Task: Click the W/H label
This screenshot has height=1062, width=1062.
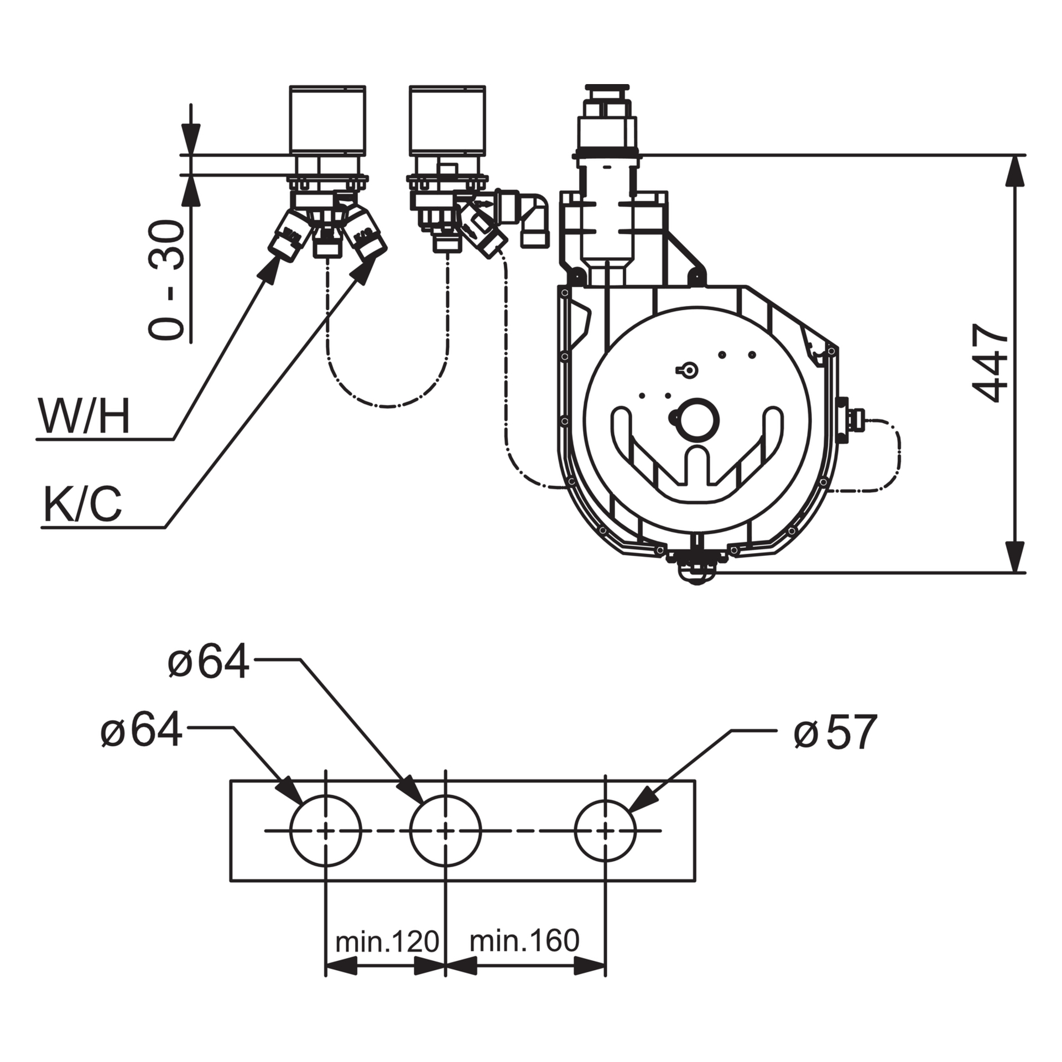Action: tap(84, 417)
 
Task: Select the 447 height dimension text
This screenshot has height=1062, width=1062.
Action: tap(991, 363)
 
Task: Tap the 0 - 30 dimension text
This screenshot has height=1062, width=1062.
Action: tap(166, 279)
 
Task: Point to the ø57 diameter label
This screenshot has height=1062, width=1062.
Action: tap(835, 732)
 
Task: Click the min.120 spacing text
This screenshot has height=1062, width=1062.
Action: tap(387, 941)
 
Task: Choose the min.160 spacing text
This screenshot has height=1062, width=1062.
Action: tap(524, 940)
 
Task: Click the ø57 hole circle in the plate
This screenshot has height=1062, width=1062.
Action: tap(606, 830)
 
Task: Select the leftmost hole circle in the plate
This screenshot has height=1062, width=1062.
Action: tap(325, 830)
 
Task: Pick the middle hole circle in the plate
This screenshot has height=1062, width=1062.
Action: tap(445, 830)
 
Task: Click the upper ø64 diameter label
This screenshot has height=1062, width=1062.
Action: tap(209, 662)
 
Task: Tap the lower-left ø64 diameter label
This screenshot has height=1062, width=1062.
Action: tap(142, 730)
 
